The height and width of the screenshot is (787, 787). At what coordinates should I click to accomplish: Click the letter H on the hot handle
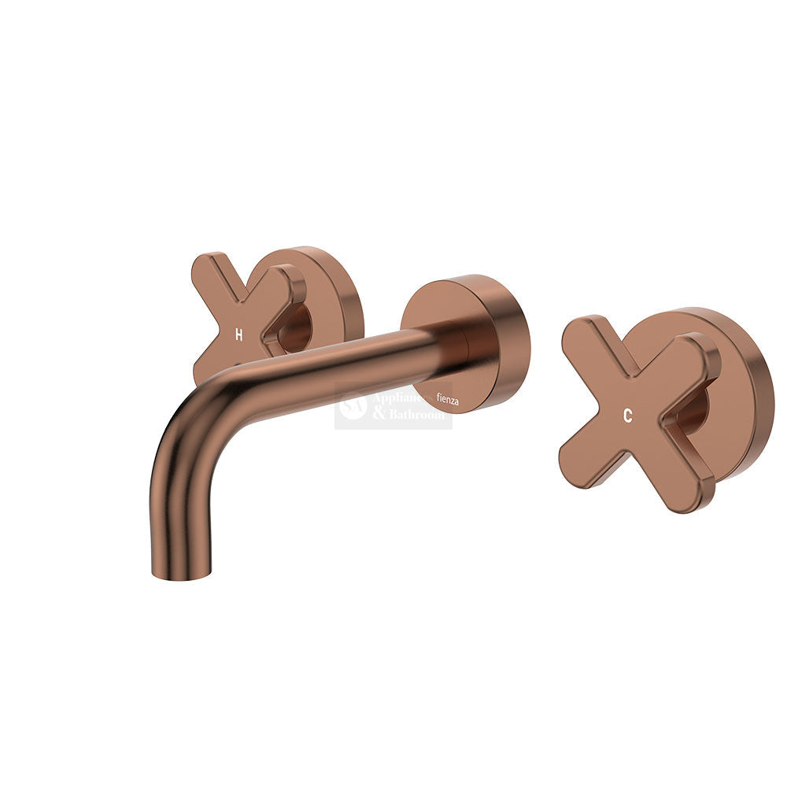[239, 334]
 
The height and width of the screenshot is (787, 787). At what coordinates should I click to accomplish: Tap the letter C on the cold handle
[627, 417]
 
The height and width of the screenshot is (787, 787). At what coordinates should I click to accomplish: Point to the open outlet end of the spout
[181, 575]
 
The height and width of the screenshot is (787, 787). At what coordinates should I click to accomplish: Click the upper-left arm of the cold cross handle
[586, 338]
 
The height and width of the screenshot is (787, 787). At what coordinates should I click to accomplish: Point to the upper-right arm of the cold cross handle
[693, 354]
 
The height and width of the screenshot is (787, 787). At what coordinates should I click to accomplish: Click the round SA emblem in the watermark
[353, 406]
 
